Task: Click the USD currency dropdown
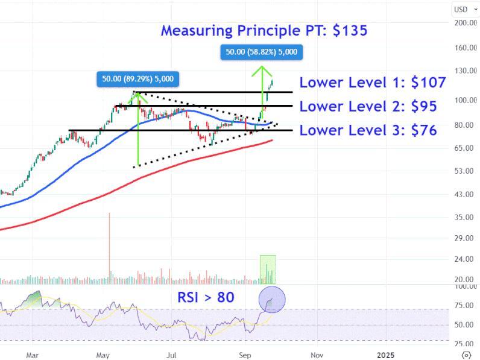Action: pyautogui.click(x=464, y=8)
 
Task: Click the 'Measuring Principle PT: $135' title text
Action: pyautogui.click(x=264, y=30)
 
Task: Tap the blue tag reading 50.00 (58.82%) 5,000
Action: pyautogui.click(x=261, y=52)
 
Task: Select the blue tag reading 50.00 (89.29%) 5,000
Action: pyautogui.click(x=137, y=78)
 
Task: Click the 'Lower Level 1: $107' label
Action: pyautogui.click(x=372, y=83)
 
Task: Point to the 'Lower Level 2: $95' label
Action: pyautogui.click(x=368, y=107)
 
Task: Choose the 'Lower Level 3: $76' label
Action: pyautogui.click(x=368, y=130)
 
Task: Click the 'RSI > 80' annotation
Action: pyautogui.click(x=206, y=297)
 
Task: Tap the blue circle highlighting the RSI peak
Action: pyautogui.click(x=271, y=300)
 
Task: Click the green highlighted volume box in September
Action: pyautogui.click(x=268, y=269)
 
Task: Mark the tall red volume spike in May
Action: pyautogui.click(x=109, y=247)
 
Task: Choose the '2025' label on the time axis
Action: pyautogui.click(x=384, y=355)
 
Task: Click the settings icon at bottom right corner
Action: pyautogui.click(x=466, y=354)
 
